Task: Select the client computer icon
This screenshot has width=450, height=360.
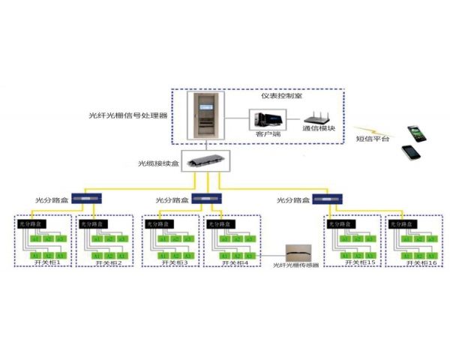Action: tap(267, 120)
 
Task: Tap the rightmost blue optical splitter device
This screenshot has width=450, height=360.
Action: tap(328, 200)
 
